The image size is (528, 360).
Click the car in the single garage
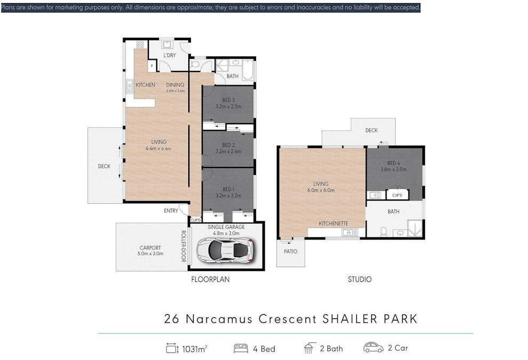[x=225, y=250]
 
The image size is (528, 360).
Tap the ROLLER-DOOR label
[x=183, y=246]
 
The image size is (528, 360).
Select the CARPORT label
[x=150, y=247]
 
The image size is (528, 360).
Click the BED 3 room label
[x=228, y=100]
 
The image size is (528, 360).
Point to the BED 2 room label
[x=228, y=145]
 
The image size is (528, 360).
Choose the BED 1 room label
[x=228, y=189]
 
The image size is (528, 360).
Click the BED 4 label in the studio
[x=393, y=163]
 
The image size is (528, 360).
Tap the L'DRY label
[x=170, y=55]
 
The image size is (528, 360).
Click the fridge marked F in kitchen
[x=152, y=66]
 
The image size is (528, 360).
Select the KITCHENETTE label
[x=333, y=223]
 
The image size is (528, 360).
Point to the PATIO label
[x=290, y=251]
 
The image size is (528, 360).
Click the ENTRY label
[x=171, y=211]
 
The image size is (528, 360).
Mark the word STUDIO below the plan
[x=359, y=279]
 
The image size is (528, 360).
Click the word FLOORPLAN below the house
[x=210, y=279]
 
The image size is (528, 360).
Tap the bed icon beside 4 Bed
[x=241, y=348]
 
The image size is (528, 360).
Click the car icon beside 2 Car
[x=373, y=347]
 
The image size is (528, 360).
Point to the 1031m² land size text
[x=195, y=349]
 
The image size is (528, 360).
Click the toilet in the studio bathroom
[x=383, y=231]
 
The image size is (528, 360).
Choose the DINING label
[x=175, y=85]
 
